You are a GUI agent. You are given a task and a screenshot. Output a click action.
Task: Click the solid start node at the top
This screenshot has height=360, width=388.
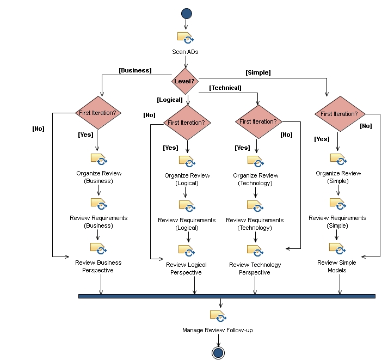point(186,14)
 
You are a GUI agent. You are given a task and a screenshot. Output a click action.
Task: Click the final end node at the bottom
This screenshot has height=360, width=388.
point(218,352)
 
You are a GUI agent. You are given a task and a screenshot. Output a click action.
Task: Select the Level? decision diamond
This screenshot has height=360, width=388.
point(186,81)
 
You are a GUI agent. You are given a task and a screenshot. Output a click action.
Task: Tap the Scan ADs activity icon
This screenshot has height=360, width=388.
point(186,38)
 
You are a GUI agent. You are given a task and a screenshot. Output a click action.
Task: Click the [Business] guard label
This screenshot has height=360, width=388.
point(135,70)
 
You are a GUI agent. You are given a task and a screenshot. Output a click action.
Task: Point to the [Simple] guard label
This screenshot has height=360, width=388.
point(258,72)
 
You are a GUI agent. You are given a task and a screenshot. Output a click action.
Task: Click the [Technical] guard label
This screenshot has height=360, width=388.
point(225,88)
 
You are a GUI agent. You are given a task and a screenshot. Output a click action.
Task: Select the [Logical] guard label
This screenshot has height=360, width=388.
point(170,100)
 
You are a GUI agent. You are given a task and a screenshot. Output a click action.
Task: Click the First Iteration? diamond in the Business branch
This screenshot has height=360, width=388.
point(98,113)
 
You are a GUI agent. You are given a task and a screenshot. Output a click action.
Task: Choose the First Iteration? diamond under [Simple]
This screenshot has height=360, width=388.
point(338,114)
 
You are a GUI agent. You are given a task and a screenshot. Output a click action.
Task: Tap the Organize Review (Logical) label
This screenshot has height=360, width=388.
point(187,179)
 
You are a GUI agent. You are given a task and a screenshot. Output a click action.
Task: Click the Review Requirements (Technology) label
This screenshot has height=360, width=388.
point(255,224)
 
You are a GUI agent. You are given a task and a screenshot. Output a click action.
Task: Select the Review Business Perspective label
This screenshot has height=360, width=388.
point(98,266)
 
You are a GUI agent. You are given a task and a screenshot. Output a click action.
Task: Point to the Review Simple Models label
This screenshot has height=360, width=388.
point(337,266)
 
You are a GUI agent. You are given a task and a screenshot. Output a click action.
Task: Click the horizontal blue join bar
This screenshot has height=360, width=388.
point(226,296)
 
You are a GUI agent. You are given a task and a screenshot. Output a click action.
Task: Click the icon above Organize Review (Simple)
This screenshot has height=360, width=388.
point(338,159)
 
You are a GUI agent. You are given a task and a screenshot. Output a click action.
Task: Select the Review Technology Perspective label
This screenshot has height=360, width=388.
point(255,269)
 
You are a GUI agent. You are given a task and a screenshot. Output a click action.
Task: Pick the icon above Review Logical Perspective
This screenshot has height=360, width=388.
point(187,251)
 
